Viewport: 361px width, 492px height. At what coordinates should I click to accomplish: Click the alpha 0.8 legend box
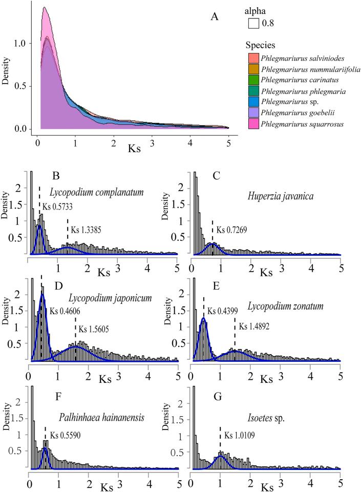point(253,23)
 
